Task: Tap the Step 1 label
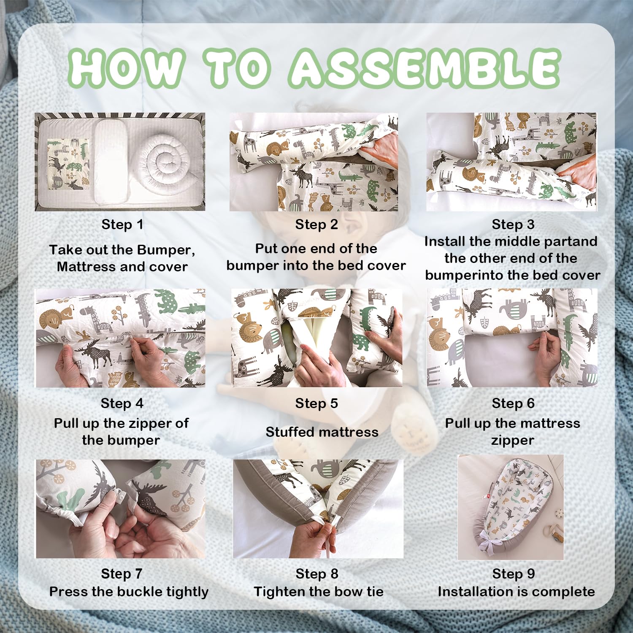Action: click(122, 225)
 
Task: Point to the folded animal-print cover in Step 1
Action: click(68, 164)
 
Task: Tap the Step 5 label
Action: click(316, 403)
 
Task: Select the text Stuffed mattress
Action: click(322, 432)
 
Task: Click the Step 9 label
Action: click(514, 574)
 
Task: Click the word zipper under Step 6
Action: click(513, 441)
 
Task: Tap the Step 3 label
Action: click(513, 225)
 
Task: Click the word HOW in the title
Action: click(127, 68)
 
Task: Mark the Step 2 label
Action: click(316, 225)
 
